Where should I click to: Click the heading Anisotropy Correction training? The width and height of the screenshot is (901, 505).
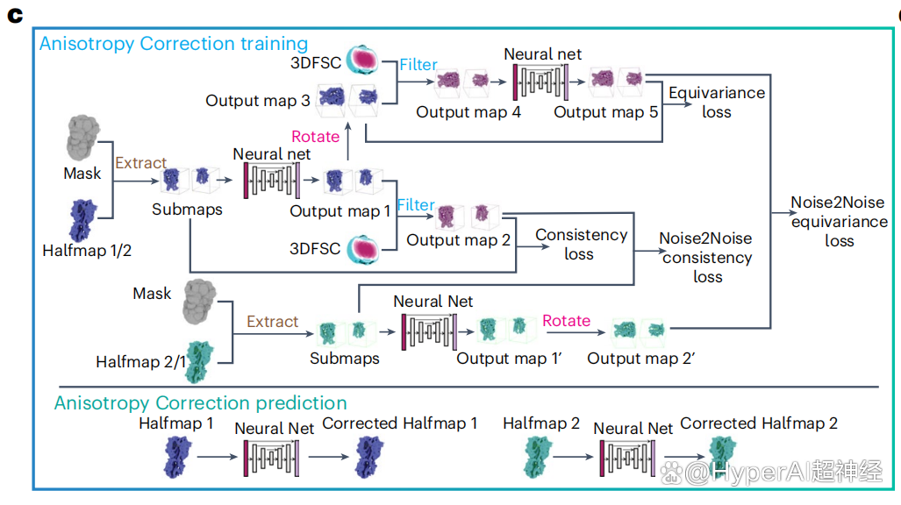pos(173,43)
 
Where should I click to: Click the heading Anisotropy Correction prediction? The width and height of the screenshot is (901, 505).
pos(200,403)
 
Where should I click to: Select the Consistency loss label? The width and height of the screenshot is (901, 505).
pos(581,244)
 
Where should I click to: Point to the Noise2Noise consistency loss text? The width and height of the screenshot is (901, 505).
pos(706,257)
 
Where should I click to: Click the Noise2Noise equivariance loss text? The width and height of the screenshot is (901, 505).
pos(839,221)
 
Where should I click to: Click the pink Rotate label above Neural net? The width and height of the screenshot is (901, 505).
pos(315,136)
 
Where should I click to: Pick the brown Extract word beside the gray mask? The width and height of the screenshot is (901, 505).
pos(140,162)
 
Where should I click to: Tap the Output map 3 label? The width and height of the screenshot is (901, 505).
pos(258,101)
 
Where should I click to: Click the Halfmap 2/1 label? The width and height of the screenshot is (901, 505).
pos(141,361)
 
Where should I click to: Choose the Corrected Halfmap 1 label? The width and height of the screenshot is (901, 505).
pos(400,423)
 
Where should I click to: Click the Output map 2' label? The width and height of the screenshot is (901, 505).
pos(635,358)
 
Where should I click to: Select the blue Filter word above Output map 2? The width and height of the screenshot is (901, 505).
pos(416,204)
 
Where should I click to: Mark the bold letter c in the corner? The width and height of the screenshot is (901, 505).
pos(14,16)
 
